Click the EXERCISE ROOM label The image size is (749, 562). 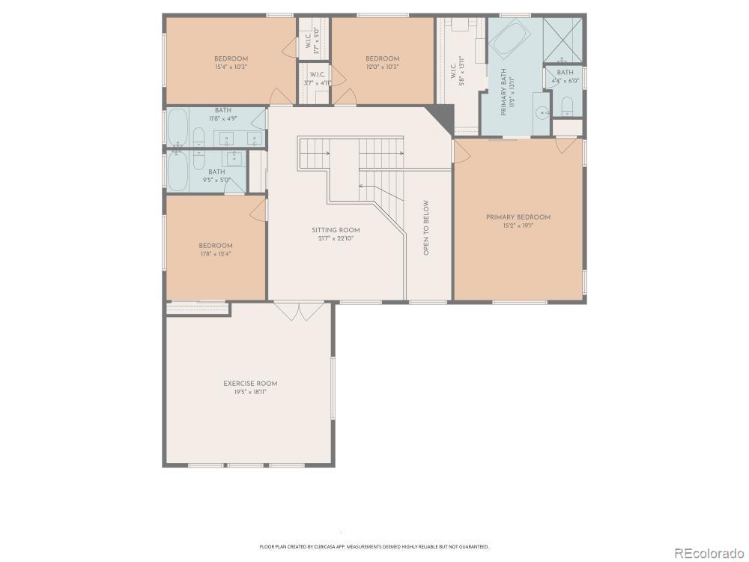coord(250,384)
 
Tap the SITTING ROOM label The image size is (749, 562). coord(336,230)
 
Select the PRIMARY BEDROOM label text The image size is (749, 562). coord(518,217)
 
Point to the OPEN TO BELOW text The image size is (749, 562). coord(426,228)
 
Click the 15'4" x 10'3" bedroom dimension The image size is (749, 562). coord(231,67)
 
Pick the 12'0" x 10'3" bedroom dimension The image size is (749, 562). coord(382,67)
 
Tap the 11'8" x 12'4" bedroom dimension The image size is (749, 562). coord(216,253)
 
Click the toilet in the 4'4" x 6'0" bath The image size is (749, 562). coord(567,105)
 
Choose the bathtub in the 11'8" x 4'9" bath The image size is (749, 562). coord(178,127)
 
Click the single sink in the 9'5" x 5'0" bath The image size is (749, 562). coord(234,158)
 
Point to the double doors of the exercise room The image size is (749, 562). coord(300,311)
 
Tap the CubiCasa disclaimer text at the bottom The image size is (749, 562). coord(374,546)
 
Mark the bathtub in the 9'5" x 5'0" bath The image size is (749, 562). coord(178,172)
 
